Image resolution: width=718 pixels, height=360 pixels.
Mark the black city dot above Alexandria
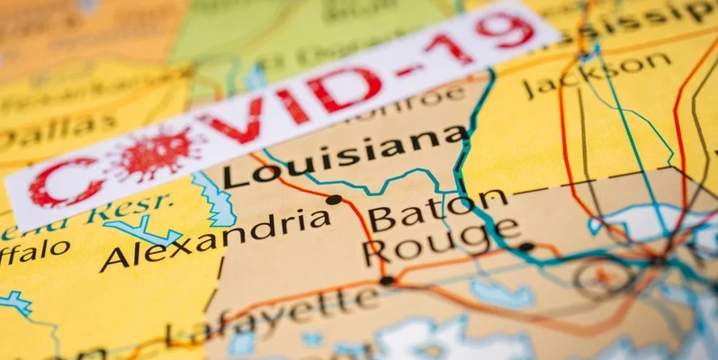334,200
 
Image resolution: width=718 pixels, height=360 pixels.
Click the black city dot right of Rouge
526,246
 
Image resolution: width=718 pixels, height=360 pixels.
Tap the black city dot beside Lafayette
386,281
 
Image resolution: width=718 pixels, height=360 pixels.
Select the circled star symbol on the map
600,277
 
